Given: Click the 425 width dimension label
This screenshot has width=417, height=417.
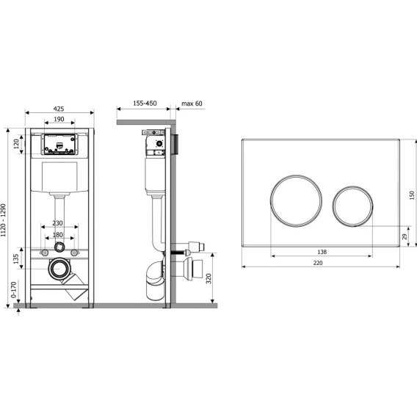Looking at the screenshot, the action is pyautogui.click(x=59, y=109).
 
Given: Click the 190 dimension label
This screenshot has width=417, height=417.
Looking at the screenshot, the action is pyautogui.click(x=59, y=119).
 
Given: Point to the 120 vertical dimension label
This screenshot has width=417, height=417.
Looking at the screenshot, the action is pyautogui.click(x=16, y=144).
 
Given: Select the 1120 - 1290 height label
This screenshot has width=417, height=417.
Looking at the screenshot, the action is pyautogui.click(x=3, y=220).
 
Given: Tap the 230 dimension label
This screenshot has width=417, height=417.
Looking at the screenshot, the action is pyautogui.click(x=57, y=223).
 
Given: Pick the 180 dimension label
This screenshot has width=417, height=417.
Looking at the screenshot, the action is pyautogui.click(x=58, y=235).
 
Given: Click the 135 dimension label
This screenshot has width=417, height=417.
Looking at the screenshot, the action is pyautogui.click(x=16, y=258).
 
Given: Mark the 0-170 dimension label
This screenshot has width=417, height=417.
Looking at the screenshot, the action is pyautogui.click(x=13, y=289).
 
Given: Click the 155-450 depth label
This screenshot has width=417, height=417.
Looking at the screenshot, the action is pyautogui.click(x=145, y=104).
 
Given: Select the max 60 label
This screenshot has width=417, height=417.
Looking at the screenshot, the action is pyautogui.click(x=192, y=104).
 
